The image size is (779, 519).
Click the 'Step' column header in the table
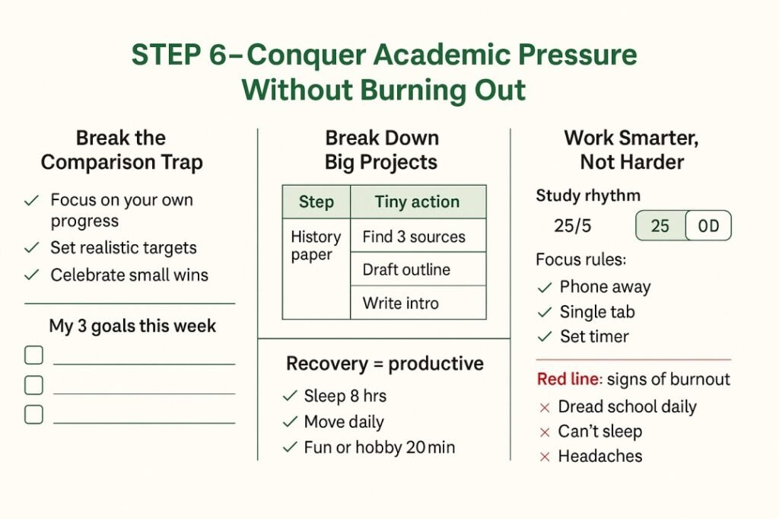(x=316, y=202)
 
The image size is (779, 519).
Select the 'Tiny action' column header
(x=417, y=202)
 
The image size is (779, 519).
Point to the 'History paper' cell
(x=316, y=246)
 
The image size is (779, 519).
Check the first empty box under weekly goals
(x=34, y=355)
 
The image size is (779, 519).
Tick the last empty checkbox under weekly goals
(x=34, y=415)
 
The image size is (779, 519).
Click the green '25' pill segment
(x=660, y=226)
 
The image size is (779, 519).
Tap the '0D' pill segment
(x=708, y=226)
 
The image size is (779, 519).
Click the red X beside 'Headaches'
(x=545, y=457)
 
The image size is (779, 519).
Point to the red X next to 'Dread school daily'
(x=545, y=407)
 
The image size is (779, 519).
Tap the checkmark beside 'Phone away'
(x=545, y=287)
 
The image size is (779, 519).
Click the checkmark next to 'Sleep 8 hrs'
(x=289, y=396)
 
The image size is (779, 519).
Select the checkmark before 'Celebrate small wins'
(x=32, y=274)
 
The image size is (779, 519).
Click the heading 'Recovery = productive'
(x=384, y=364)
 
